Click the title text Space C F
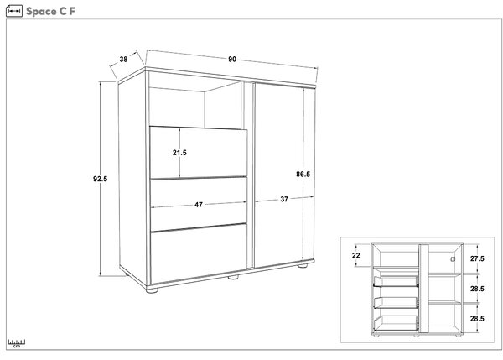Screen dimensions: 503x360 coord(50,11)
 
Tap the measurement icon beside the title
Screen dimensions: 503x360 coord(14,11)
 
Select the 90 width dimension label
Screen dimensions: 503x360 coord(232,59)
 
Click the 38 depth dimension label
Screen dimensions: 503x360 coord(123,59)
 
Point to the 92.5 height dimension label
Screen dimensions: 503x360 coord(100,179)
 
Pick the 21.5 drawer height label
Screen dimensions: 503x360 coord(179,153)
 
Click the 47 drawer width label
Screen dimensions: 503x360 coord(199,205)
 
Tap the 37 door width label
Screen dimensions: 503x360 coord(284,199)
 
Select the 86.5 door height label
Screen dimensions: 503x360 coord(303,174)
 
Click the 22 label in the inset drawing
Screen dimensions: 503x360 coord(356,255)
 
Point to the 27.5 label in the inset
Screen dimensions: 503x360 coord(477,258)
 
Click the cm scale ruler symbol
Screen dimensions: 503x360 coord(17,343)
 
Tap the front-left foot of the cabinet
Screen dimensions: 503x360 coord(152,290)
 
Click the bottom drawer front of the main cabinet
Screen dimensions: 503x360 coord(199,253)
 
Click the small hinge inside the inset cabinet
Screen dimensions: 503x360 coord(453,258)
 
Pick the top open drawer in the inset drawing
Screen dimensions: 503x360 coord(397,281)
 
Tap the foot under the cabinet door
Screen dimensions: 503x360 coord(303,265)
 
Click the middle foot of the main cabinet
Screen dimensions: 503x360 coord(233,276)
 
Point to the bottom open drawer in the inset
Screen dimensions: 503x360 coord(397,323)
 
